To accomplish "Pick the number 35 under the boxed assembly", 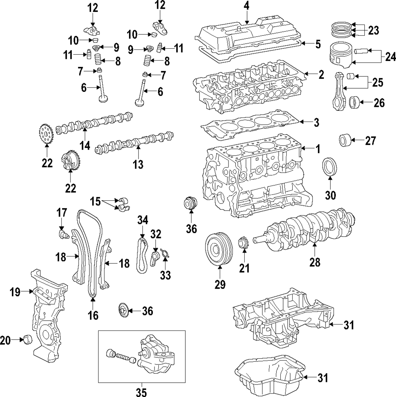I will [141, 391].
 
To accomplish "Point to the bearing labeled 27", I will [345, 141].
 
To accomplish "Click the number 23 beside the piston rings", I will [373, 30].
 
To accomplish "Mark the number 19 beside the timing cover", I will [15, 292].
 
